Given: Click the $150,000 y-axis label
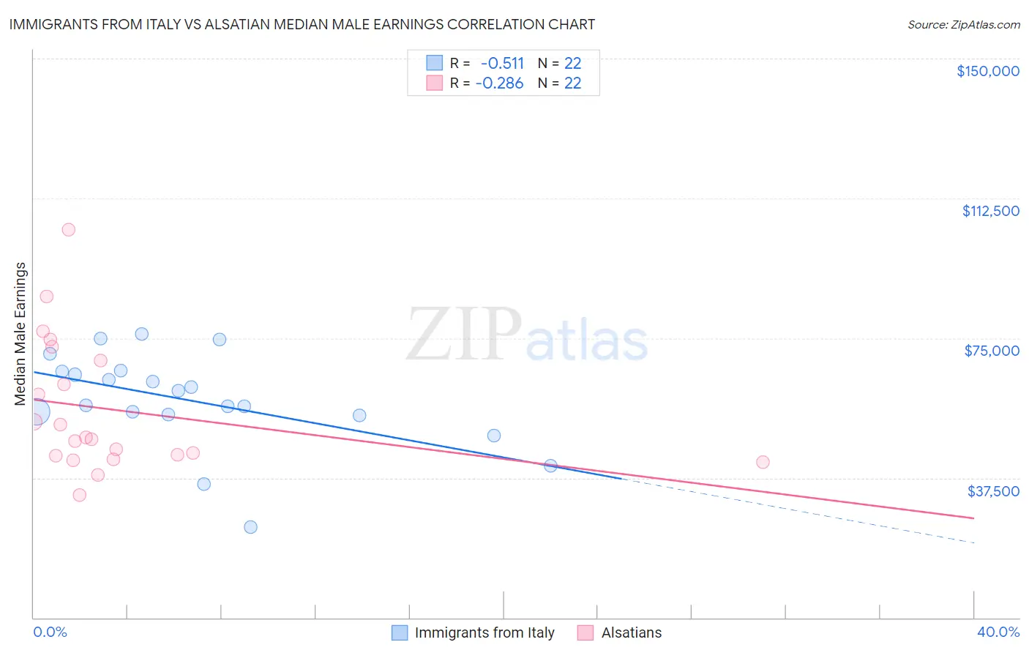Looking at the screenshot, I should (987, 71).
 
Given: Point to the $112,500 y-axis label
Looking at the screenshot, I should (990, 211).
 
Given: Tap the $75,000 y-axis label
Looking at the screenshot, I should (992, 351).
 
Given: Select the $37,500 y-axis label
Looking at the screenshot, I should (993, 491).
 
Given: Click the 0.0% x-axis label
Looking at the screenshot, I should (50, 633).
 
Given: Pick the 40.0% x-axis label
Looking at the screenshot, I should (998, 633).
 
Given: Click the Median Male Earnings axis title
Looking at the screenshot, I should (20, 333).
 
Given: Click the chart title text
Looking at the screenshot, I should (302, 24).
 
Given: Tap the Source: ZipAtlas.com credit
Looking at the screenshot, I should (963, 24).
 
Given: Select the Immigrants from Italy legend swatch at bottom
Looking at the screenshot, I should (400, 633).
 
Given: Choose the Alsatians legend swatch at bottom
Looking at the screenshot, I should (585, 633).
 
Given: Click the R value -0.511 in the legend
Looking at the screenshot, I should (502, 63).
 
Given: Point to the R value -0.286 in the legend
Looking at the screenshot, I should (500, 83).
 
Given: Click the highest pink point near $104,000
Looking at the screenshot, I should (69, 230).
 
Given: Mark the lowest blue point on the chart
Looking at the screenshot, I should (250, 527).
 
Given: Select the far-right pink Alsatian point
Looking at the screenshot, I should (763, 462).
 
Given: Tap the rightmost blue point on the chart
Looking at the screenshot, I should (551, 466).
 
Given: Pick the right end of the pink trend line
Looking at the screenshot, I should (973, 518).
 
